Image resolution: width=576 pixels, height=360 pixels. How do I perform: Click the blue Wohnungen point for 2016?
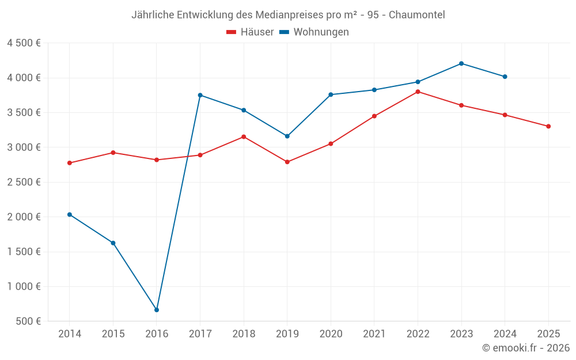(x=157, y=310)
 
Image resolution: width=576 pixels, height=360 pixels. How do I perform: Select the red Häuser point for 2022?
(x=418, y=92)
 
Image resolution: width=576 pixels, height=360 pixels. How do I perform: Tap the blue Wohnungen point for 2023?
(x=461, y=63)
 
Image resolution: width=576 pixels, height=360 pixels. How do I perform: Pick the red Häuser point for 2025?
(x=548, y=126)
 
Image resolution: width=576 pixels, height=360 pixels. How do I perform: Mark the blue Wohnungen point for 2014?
(x=70, y=214)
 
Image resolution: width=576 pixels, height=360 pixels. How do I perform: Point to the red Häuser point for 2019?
(x=287, y=162)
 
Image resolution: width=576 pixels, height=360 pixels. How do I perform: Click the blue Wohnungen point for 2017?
(x=200, y=95)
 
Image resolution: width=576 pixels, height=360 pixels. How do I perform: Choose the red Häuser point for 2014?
(x=70, y=163)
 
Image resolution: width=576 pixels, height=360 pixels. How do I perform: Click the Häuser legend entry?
(x=250, y=32)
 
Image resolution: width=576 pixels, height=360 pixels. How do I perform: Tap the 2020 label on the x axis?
(x=331, y=334)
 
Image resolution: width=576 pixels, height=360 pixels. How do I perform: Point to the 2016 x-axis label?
(x=157, y=334)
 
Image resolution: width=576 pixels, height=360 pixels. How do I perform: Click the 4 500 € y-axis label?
(x=24, y=43)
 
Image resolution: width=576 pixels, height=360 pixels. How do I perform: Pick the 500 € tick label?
(x=28, y=321)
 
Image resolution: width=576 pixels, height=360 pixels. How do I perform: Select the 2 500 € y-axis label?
(x=24, y=182)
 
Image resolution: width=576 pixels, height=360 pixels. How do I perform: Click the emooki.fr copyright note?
(x=525, y=348)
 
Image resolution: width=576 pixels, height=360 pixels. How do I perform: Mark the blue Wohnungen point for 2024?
(x=505, y=77)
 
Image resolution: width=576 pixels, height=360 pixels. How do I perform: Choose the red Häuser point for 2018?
(x=244, y=137)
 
